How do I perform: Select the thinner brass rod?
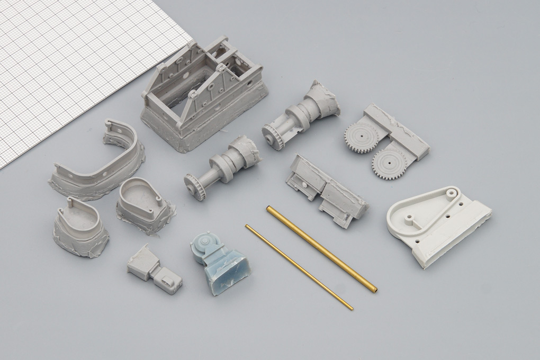(299, 266)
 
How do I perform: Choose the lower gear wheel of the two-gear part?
(390, 163)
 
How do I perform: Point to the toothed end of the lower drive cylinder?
(195, 186)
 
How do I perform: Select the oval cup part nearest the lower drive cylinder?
(143, 204)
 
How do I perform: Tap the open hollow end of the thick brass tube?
(374, 290)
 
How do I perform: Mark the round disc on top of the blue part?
(210, 244)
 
